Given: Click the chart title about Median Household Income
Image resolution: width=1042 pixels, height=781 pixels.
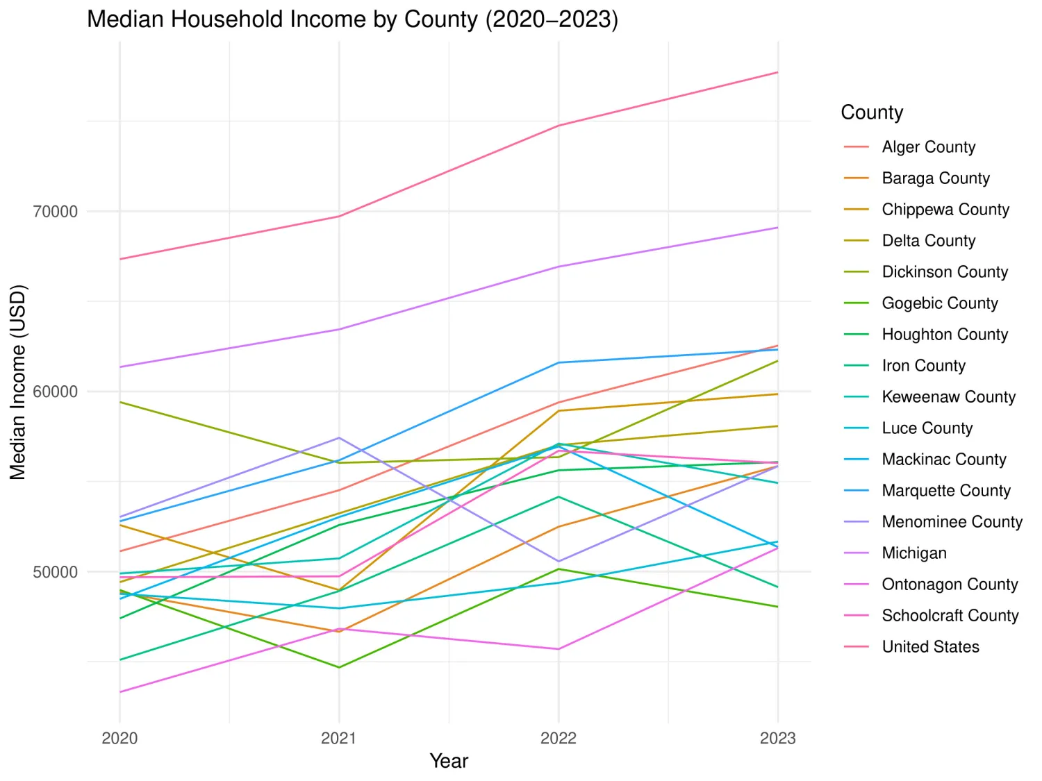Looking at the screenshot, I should pos(352,19).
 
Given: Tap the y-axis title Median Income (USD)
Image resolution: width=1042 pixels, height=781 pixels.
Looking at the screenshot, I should pos(17,382).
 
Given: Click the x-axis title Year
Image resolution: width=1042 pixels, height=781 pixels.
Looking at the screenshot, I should pos(449,761).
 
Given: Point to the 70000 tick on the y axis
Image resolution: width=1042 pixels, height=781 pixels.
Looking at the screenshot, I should pos(56,212).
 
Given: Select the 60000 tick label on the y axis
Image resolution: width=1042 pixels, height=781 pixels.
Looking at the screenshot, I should pos(56,392).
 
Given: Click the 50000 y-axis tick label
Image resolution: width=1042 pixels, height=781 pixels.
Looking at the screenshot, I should pos(56,572).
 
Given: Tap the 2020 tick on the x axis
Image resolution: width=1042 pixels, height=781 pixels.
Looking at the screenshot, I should pos(119,738).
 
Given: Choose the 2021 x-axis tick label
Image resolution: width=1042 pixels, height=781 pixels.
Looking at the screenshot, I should pos(339,738).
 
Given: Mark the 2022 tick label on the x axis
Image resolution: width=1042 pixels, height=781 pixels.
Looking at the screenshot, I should pos(559,738).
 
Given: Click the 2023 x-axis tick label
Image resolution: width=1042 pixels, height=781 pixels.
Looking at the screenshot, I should pos(777,738).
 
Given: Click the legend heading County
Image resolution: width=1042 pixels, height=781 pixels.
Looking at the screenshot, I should pos(872,112).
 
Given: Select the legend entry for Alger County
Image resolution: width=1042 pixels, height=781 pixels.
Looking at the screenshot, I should pos(928,147).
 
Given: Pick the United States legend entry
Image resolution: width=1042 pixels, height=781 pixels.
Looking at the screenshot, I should pos(930,647).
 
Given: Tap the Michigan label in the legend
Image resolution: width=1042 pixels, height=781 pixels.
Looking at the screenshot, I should pos(914,553).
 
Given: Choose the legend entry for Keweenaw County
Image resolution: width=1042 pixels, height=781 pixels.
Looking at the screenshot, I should pos(948,397).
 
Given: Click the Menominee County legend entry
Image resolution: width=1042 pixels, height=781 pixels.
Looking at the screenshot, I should pos(952,522).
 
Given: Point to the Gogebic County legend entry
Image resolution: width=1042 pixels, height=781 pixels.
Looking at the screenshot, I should pos(939,303).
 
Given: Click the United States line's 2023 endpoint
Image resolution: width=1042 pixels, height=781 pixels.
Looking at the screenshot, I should pos(777,72).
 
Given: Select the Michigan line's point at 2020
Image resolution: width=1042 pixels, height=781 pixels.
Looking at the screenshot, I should pos(120,367).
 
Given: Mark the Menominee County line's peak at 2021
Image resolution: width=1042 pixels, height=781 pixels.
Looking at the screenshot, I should pos(339,437).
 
